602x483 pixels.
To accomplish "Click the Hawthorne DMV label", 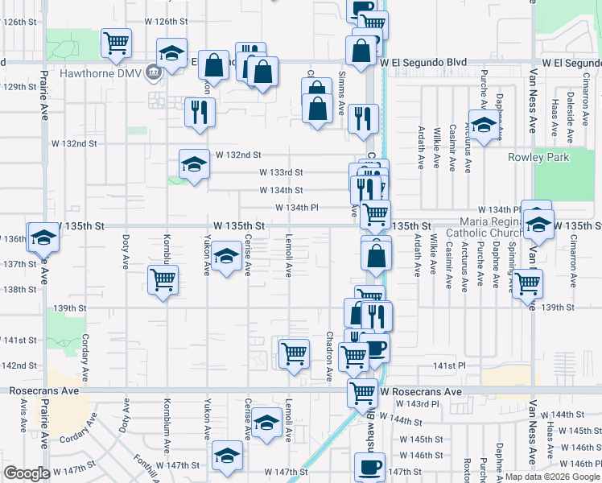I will (x=107, y=73).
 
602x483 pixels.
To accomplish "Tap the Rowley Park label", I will (x=538, y=157).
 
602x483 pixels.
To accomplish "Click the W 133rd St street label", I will (x=281, y=172).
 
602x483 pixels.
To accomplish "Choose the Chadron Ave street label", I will (x=329, y=357).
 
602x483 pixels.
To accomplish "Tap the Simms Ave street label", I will (x=341, y=95).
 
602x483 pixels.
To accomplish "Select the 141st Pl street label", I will (x=449, y=365).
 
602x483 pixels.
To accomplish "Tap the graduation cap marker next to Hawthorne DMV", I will (x=170, y=53).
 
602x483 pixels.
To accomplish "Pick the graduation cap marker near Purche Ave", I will (x=483, y=127).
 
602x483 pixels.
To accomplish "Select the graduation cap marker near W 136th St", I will (x=42, y=237).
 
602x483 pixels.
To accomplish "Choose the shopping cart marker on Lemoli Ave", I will (x=294, y=353).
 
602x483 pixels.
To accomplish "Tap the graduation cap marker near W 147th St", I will (x=228, y=456).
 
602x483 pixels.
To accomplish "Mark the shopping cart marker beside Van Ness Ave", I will (x=527, y=283).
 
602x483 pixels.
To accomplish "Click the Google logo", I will (x=27, y=473).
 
